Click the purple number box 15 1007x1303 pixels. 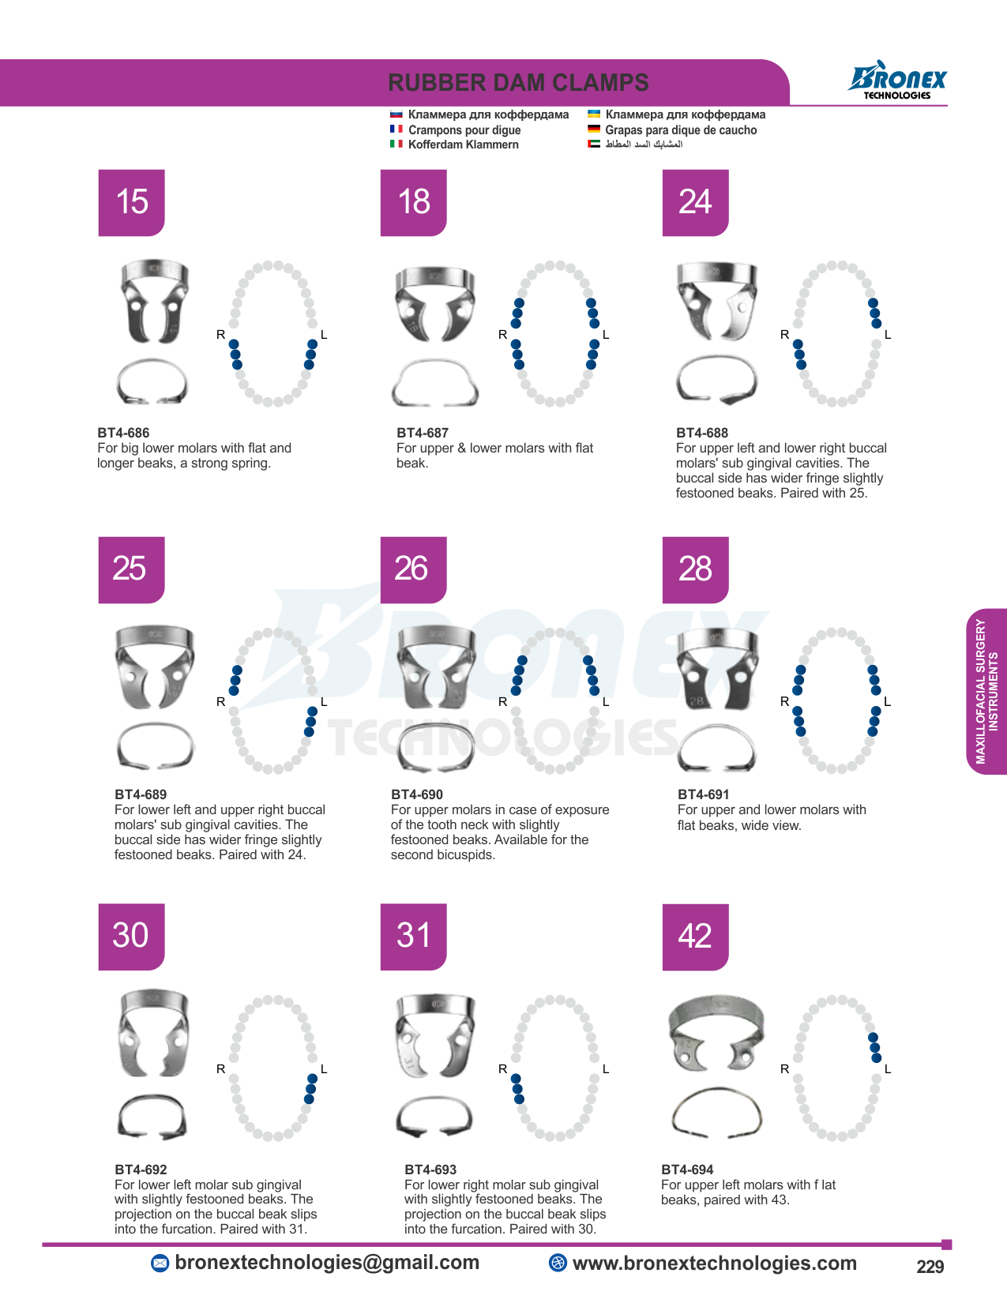pos(131,203)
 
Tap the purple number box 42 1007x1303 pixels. pos(695,937)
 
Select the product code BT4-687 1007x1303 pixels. pos(423,432)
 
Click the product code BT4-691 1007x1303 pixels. pos(704,794)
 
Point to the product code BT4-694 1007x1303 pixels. pos(687,1170)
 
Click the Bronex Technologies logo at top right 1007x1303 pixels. pos(896,80)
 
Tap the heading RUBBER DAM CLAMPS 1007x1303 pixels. pos(518,83)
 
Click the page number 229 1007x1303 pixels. pos(930,1267)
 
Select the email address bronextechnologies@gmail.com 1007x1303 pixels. pos(327,1262)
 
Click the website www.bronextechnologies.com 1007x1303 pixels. pos(714,1263)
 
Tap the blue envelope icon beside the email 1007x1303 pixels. pos(160,1264)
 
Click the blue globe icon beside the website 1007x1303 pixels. pos(558,1262)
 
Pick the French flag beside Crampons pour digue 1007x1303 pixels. pos(396,129)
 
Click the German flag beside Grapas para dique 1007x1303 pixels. pos(594,129)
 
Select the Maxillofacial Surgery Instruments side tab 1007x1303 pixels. pos(986,691)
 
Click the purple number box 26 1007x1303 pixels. pos(413,569)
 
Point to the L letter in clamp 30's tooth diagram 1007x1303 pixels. pos(324,1068)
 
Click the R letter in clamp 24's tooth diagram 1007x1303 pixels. pos(784,335)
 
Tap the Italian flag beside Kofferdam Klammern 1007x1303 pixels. pos(396,144)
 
